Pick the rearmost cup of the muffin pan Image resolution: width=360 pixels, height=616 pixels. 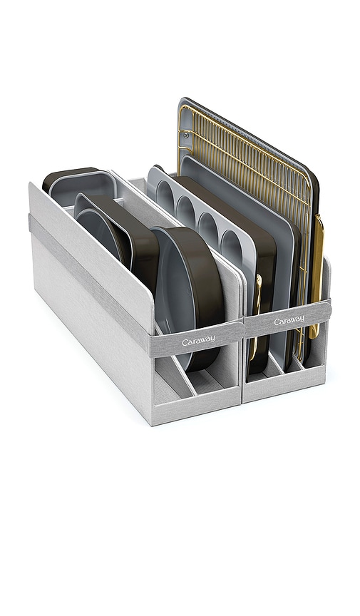click(163, 190)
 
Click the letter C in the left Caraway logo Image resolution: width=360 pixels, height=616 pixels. click(185, 344)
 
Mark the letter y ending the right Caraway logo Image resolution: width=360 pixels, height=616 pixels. click(302, 319)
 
